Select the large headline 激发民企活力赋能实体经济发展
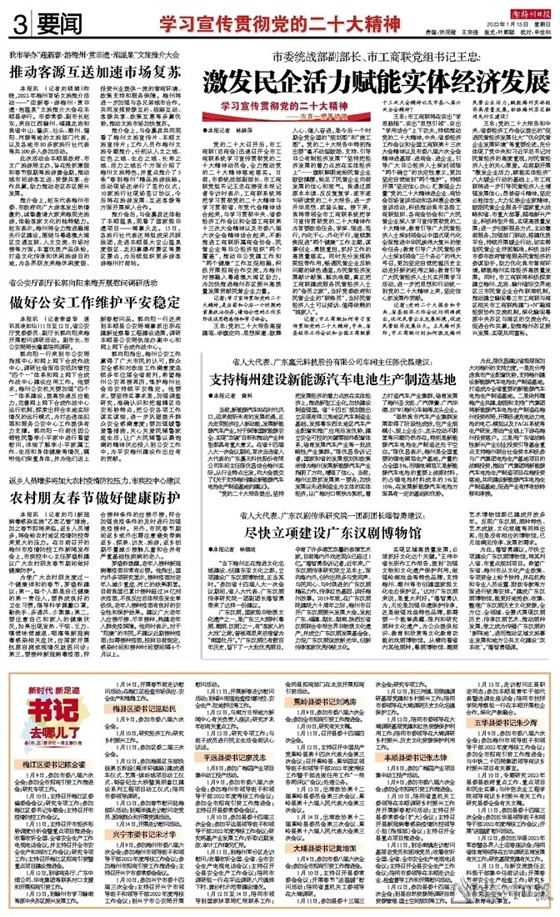(x=376, y=83)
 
